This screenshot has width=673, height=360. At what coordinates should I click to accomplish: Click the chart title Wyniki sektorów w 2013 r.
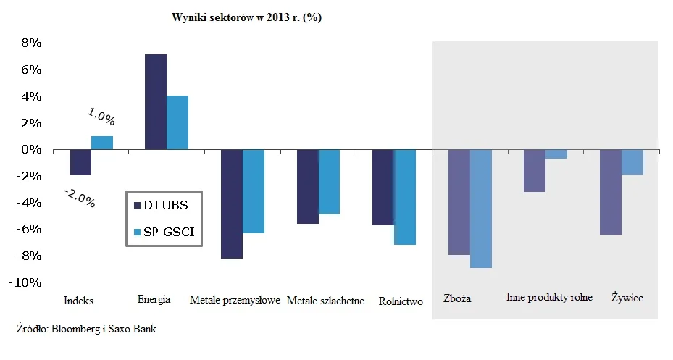coord(246,18)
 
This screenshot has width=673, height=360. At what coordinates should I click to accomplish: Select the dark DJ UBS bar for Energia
coord(156,101)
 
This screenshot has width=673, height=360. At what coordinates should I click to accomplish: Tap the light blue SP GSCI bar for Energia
coord(177,122)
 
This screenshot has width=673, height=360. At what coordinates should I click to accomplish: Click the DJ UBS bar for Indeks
coord(80,162)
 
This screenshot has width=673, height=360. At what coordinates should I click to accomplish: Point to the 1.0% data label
coord(101,116)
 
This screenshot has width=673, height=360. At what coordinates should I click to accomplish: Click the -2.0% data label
coord(79,197)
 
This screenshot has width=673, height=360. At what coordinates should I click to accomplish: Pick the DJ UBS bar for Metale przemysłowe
coord(232,204)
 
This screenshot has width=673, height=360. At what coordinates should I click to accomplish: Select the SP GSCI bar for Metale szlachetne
coord(330,182)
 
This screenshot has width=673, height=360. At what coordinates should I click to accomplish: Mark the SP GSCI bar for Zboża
coord(480,209)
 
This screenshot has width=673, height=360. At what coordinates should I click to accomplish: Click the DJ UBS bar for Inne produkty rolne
coord(535,171)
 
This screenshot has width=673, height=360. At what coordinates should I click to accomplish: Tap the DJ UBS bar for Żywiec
coord(611,192)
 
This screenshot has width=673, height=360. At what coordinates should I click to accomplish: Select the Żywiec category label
coord(627,298)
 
